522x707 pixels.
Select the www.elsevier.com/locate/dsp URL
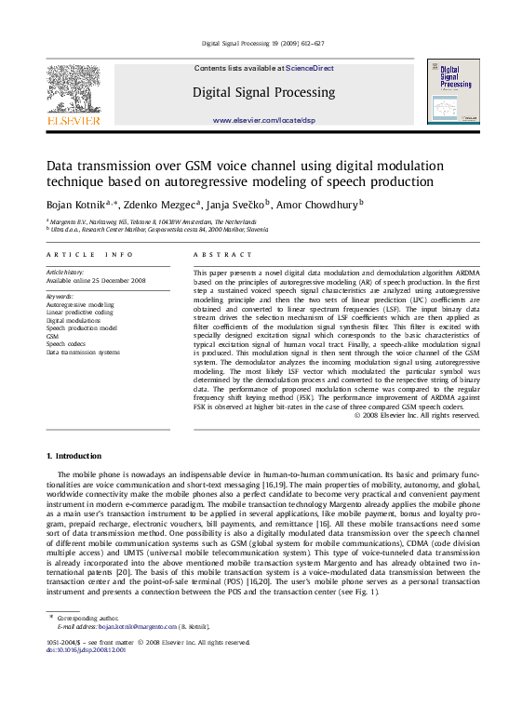tap(263, 121)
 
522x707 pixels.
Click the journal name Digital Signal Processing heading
tap(263, 93)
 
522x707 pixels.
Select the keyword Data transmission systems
tap(83, 353)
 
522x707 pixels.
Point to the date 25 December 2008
tap(113, 280)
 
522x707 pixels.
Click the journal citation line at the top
tap(262, 44)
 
